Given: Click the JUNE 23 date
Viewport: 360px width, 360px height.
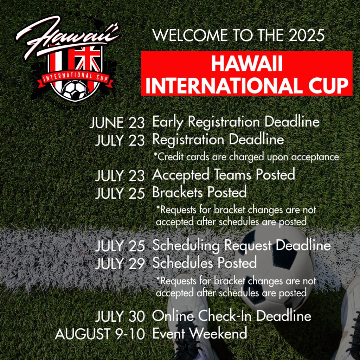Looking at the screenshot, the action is coord(117,123).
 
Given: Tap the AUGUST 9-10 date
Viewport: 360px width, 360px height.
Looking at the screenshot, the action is coord(100,334).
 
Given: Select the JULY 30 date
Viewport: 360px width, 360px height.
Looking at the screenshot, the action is coord(120,316).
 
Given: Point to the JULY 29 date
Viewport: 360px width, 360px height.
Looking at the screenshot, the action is coord(120,264).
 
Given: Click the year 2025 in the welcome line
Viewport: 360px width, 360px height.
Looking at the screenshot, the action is coord(307,36).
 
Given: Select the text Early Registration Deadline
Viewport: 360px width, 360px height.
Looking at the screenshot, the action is coord(236,122).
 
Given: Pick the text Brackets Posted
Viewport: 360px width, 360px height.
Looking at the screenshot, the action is coord(199,192).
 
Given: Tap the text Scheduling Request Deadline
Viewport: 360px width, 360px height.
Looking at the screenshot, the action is coord(241,246).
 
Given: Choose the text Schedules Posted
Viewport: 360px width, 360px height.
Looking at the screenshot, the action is coord(204,263).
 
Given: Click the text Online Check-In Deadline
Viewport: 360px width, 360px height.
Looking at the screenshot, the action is coord(231,316).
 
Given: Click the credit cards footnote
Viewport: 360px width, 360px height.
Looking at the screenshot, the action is coord(246,157).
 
